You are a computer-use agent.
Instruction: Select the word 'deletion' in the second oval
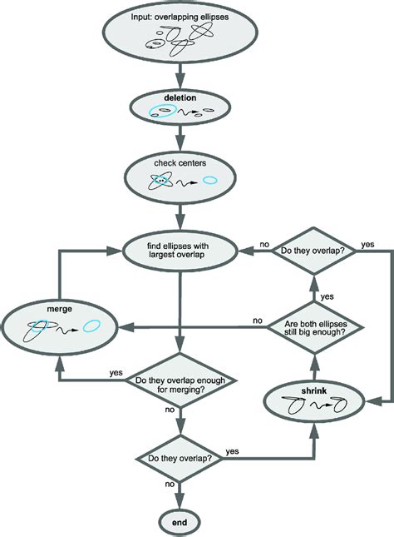[180, 97]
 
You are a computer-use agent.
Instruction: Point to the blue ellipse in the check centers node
[211, 179]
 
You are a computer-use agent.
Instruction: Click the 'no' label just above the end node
[170, 483]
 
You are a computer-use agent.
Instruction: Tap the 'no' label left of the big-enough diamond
[258, 320]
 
